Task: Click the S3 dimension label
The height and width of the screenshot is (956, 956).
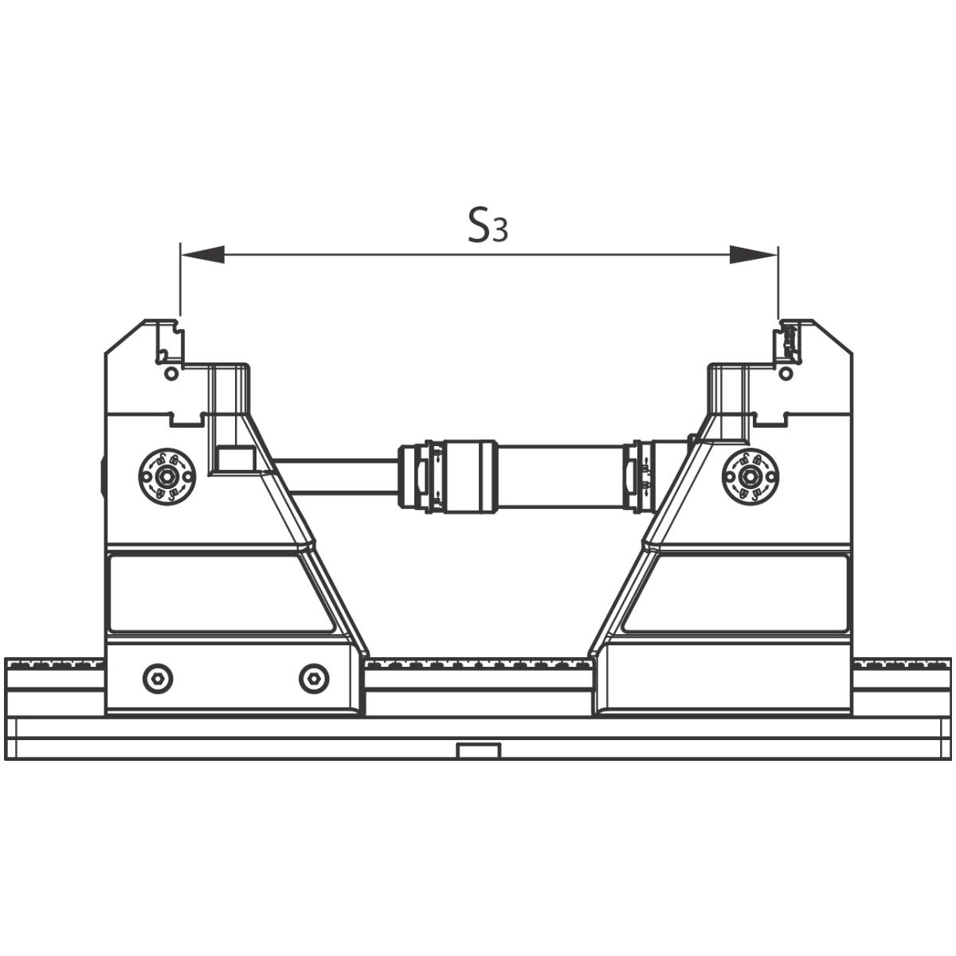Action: (488, 225)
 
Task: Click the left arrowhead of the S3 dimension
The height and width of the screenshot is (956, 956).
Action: (202, 254)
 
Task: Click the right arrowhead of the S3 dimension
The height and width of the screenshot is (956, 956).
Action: (753, 254)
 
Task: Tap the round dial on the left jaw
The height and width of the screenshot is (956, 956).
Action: (167, 476)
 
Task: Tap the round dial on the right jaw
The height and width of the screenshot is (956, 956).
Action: (750, 476)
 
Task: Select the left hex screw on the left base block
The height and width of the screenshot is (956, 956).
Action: (158, 679)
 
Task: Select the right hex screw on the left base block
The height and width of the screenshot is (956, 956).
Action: (315, 679)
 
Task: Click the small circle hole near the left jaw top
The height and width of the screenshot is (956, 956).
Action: (171, 373)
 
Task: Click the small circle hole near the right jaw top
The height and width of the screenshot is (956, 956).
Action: (786, 373)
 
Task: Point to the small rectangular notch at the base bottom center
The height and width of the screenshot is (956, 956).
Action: (478, 751)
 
